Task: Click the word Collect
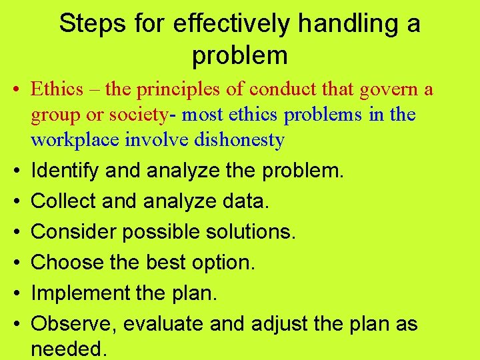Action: [x=63, y=201]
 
